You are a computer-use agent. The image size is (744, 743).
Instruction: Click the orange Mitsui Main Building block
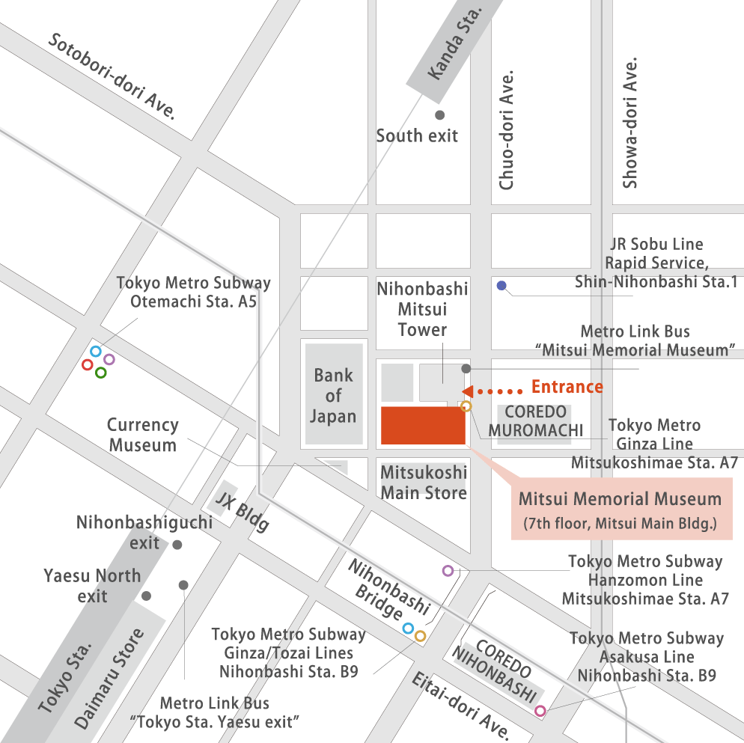click(424, 426)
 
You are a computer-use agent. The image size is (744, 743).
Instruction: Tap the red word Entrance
click(567, 387)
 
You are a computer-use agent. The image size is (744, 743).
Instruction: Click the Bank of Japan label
click(333, 396)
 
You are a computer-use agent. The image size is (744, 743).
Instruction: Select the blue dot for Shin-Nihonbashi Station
click(501, 285)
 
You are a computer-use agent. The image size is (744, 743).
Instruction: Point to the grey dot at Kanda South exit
click(440, 114)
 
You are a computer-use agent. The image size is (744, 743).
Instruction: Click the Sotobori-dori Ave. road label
click(112, 76)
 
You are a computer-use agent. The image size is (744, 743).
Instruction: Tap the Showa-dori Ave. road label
click(630, 123)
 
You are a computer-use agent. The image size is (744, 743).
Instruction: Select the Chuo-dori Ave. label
click(507, 130)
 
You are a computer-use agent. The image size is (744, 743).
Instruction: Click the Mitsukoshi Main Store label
click(424, 483)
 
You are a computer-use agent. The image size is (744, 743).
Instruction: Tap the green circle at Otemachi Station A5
click(101, 373)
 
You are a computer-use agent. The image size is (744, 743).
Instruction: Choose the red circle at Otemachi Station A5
click(88, 365)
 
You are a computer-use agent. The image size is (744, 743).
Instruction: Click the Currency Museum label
click(143, 435)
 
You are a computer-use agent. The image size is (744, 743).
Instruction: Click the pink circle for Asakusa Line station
click(540, 711)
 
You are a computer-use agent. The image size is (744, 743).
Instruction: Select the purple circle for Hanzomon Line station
click(448, 571)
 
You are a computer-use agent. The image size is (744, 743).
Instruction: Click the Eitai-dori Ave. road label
click(462, 703)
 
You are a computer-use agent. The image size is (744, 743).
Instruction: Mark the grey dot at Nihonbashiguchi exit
click(177, 545)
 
